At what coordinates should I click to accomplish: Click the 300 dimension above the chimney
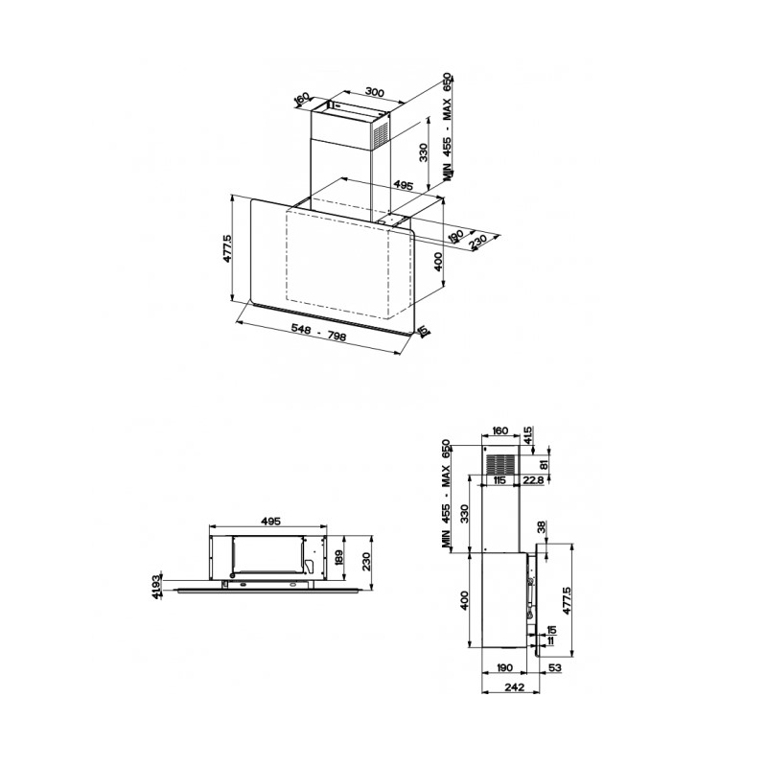(375, 92)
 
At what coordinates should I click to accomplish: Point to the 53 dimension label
(556, 667)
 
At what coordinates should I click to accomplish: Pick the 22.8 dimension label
(535, 480)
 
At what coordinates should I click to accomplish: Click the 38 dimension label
(542, 526)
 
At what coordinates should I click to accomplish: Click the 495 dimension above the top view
(269, 522)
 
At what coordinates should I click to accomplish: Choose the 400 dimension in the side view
(464, 602)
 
